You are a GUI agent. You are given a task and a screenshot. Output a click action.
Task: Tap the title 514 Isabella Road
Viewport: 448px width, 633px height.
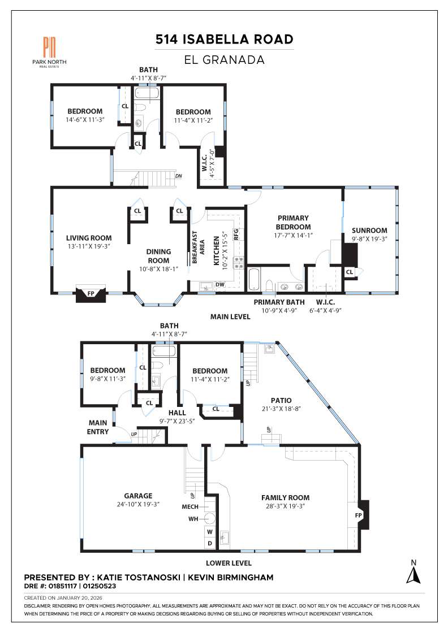[x=225, y=39]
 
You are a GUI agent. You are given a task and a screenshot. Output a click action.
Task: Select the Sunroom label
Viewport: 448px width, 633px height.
[x=369, y=230]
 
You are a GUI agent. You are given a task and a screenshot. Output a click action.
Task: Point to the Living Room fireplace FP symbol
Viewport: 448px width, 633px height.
[x=91, y=294]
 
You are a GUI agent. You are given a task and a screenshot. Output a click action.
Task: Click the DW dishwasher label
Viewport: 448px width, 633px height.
[x=220, y=285]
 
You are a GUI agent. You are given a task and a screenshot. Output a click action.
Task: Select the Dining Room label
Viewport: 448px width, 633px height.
[x=158, y=256]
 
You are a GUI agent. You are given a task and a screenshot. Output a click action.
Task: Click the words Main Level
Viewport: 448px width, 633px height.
[x=230, y=317]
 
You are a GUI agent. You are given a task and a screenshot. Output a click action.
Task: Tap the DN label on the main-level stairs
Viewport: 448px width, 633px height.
[x=179, y=176]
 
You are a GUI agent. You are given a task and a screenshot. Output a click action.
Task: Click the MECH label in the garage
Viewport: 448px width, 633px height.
[x=190, y=506]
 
